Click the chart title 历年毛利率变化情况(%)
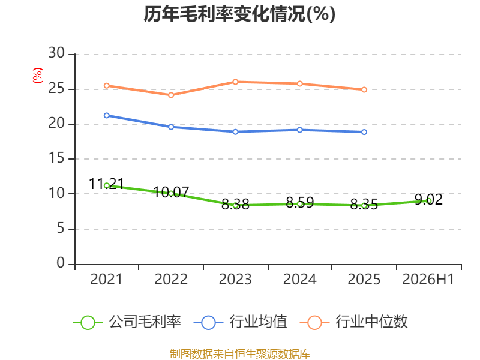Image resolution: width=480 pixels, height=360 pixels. pos(239,14)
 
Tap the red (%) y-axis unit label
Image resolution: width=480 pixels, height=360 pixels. pos(38,76)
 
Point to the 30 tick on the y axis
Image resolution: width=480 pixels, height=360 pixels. pos(56,53)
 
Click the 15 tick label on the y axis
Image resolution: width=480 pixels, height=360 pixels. pos(56,158)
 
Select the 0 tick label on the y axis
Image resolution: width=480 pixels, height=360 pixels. pos(61,263)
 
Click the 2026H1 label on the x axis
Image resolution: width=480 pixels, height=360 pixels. pos(428,279)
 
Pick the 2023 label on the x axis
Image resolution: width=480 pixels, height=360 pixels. pos(235,279)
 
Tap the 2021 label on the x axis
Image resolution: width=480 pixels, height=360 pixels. pos(106,279)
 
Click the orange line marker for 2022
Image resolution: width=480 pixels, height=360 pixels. pos(171,95)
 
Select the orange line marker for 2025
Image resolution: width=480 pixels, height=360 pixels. pos(364,89)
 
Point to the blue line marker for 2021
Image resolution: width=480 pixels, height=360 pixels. pos(107,115)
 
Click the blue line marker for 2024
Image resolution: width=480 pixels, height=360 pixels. pos(299,130)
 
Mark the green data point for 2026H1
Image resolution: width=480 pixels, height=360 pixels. pos(429,201)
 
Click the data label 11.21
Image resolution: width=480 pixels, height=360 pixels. pos(106,184)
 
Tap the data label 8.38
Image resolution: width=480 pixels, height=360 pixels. pos(235,205)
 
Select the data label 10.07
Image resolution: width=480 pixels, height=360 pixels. pos(171,192)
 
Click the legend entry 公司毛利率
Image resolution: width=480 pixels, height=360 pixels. pos(127,322)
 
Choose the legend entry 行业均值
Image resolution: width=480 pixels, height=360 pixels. pos(241,322)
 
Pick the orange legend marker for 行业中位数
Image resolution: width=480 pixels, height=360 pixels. pos(314,323)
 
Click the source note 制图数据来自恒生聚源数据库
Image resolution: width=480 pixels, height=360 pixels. pos(239,354)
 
